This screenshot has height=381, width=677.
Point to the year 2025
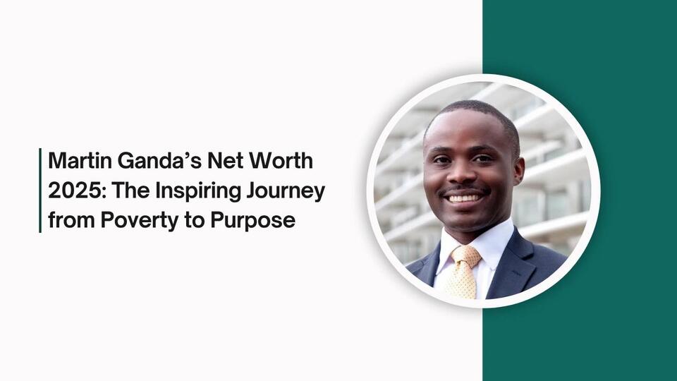pos(70,191)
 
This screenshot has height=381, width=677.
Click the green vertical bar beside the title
pos(40,190)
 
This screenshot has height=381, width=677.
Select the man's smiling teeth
pos(465,198)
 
